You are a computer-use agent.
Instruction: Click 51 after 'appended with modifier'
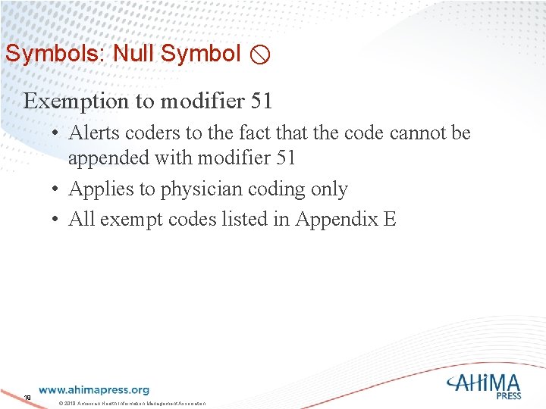click(284, 158)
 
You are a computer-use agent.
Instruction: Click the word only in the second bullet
click(328, 189)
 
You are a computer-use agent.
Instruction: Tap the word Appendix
click(336, 220)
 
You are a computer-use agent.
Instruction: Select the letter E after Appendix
click(390, 220)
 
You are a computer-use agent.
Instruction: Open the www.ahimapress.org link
click(94, 390)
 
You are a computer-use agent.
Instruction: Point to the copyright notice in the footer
click(133, 402)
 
